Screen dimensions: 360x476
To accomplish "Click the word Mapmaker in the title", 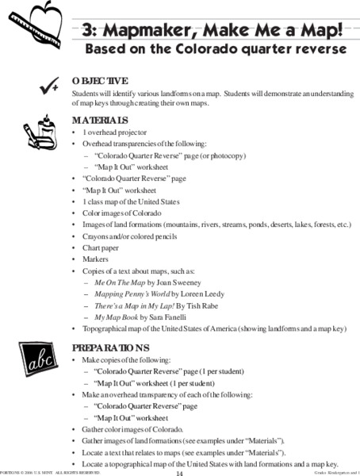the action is click(143, 31).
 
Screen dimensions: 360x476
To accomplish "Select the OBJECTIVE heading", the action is click(99, 82).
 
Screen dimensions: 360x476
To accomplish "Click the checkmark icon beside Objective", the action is click(41, 86).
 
